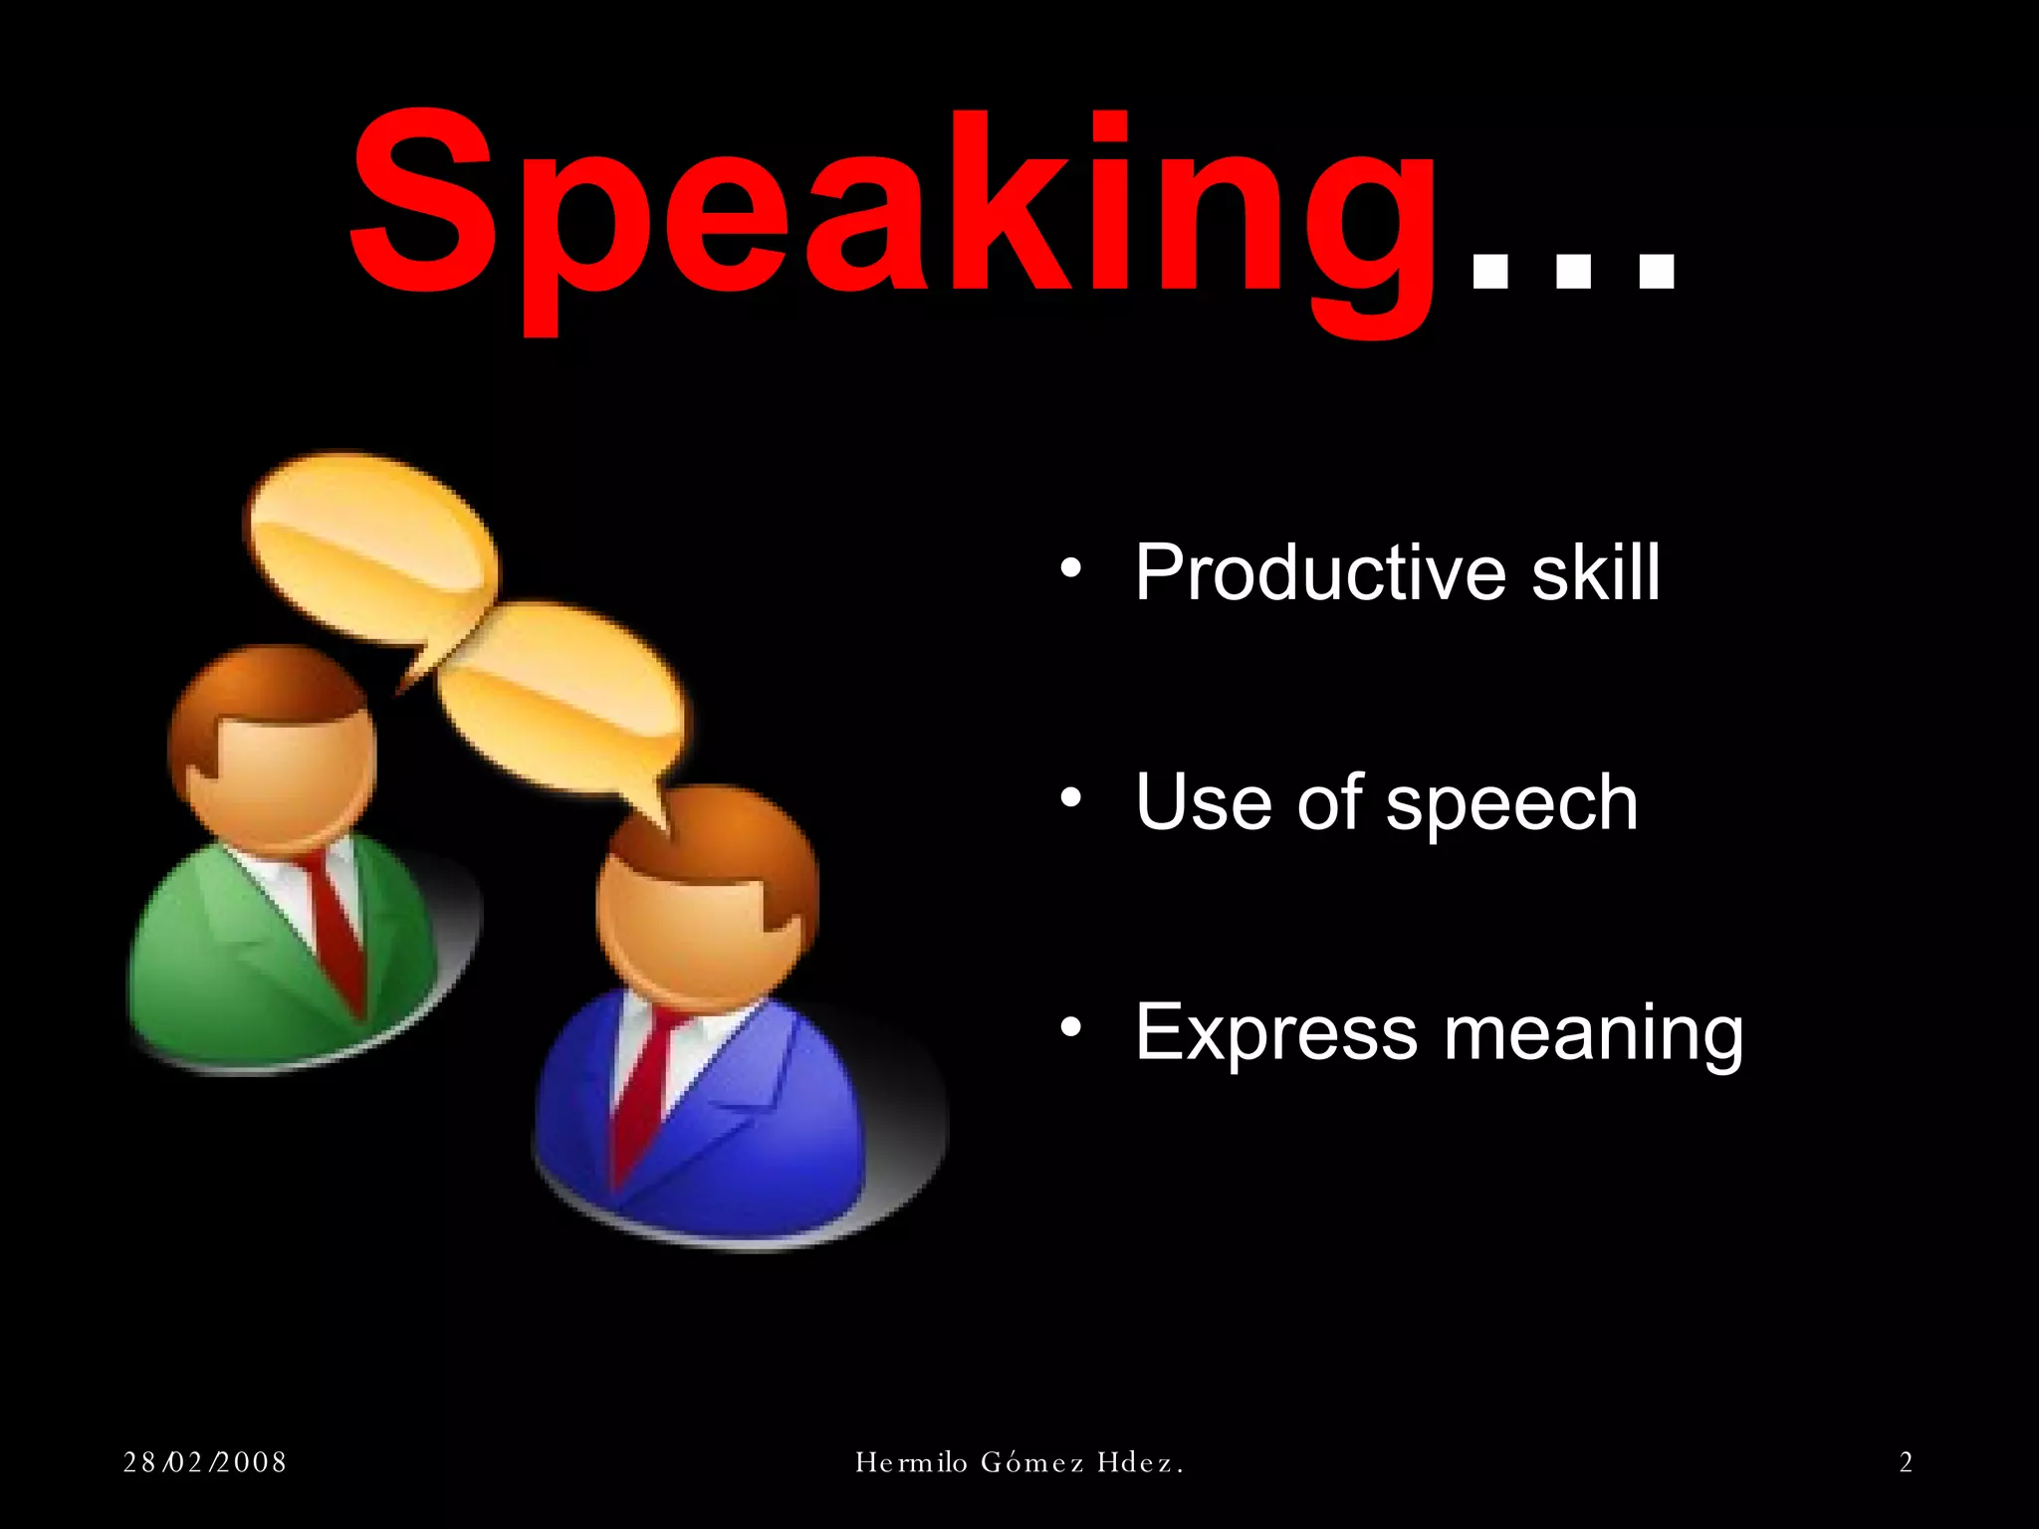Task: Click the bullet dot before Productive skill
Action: (1070, 568)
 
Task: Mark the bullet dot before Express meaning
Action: (1070, 1027)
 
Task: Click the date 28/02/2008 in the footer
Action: (205, 1462)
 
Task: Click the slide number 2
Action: (1906, 1462)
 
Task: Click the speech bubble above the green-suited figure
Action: (373, 547)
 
